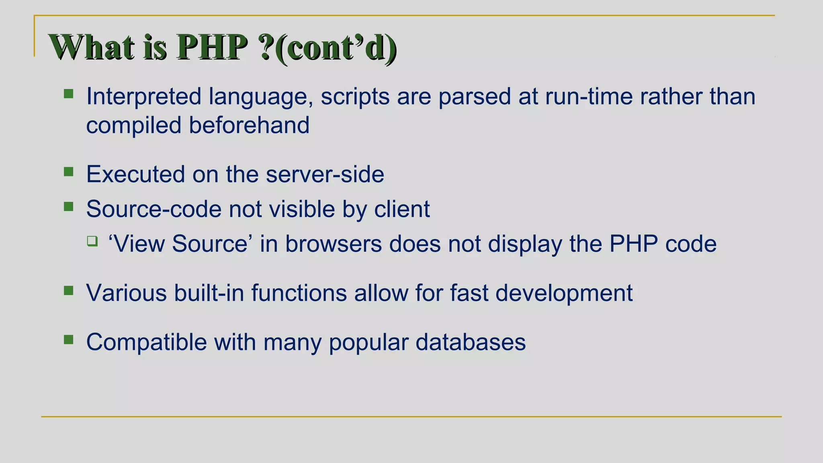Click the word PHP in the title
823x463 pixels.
[212, 47]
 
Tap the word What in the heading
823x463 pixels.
[91, 47]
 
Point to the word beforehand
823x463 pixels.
[249, 125]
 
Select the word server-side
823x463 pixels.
[325, 174]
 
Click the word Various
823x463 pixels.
[126, 293]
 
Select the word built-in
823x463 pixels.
[209, 293]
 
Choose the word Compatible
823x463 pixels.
[146, 342]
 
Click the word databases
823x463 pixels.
[471, 342]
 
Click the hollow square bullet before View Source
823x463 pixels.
[92, 241]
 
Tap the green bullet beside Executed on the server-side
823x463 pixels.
[69, 172]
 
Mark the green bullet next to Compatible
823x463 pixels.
[69, 340]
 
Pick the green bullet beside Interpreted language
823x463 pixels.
[69, 94]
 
